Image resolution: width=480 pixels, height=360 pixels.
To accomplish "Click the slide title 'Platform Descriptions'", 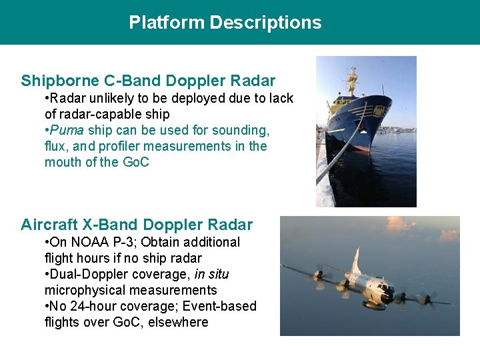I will [225, 23].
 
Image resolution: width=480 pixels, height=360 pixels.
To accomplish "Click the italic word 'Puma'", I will [68, 130].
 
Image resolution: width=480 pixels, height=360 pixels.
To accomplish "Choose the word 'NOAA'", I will [88, 242].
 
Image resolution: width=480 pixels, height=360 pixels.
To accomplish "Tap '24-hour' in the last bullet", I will [90, 306].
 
